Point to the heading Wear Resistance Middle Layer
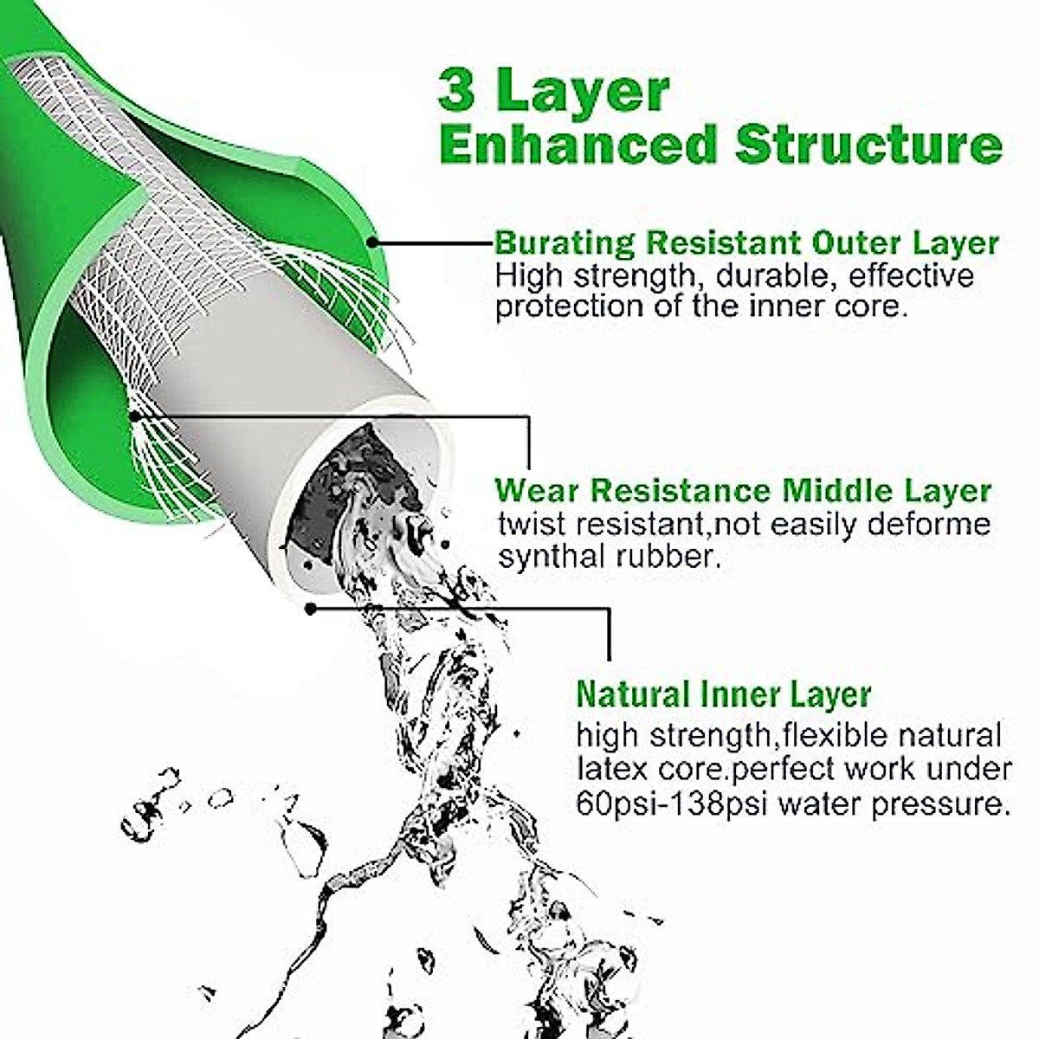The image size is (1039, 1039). click(743, 491)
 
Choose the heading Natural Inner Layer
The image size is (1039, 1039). click(723, 694)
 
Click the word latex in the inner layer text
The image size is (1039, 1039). click(609, 770)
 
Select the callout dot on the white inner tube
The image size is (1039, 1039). click(310, 608)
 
